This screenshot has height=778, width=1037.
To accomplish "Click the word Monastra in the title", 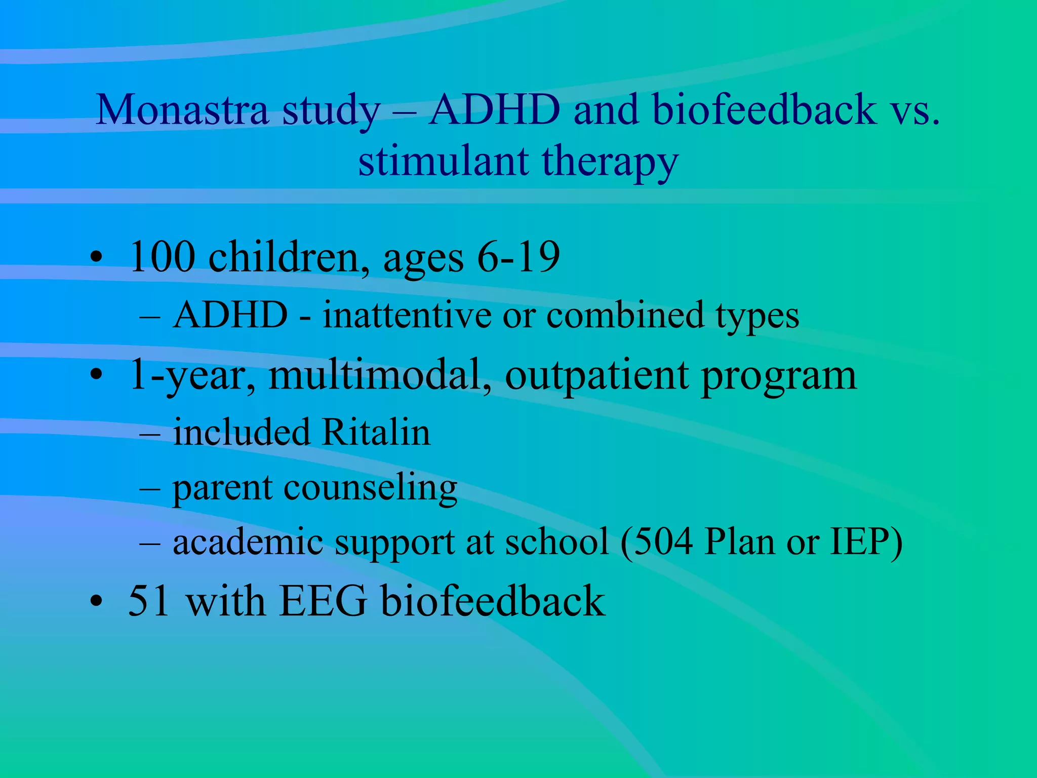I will click(181, 110).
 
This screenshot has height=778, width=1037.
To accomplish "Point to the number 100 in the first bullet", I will click(162, 257).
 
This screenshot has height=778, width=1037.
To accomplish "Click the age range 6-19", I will click(518, 257).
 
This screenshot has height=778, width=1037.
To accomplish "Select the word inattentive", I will click(407, 315).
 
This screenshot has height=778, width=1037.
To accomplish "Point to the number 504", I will click(663, 542).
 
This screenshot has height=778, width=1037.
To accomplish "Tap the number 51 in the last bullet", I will click(149, 601).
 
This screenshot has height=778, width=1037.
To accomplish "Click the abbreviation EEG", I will click(323, 601).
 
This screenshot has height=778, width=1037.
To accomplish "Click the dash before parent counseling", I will click(150, 487).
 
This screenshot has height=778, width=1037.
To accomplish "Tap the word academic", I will click(248, 542).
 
